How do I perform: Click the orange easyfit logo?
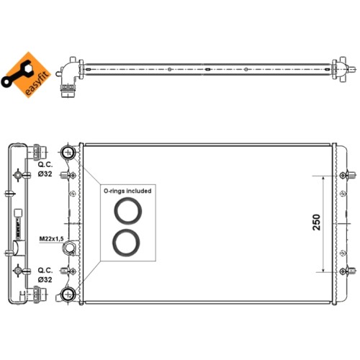pos(27,75)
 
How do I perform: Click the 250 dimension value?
pos(317,222)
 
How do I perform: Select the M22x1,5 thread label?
pos(51,238)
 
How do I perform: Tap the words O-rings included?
pos(127,191)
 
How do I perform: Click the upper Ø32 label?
pos(45,174)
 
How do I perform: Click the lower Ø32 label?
pos(45,279)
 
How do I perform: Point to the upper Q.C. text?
pos(45,165)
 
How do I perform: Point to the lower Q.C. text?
pos(45,271)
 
